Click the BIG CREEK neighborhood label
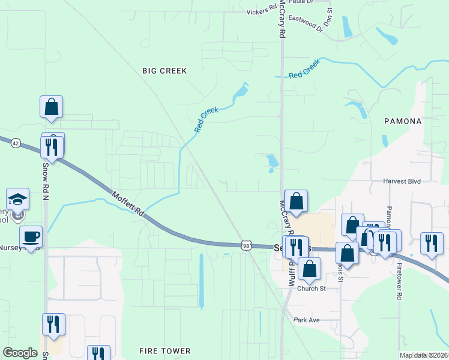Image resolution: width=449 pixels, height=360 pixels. click(x=164, y=71)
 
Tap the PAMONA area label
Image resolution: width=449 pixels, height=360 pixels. click(x=403, y=121)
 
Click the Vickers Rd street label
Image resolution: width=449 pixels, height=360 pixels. click(x=262, y=11)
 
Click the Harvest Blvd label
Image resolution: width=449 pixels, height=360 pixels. click(x=403, y=181)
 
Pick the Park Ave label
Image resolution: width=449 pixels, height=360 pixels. click(x=307, y=320)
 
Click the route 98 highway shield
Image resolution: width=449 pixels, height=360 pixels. click(x=246, y=245)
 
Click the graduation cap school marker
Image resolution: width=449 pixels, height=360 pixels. click(x=18, y=199)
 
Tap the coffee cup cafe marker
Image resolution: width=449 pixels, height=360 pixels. click(x=31, y=236)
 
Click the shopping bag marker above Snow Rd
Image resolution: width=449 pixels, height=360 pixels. click(x=52, y=107)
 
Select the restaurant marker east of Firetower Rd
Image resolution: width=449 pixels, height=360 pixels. click(x=431, y=243)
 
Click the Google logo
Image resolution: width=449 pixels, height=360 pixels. click(x=20, y=353)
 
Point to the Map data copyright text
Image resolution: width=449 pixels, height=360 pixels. click(x=423, y=355)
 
